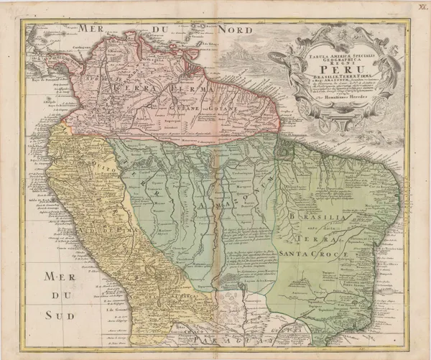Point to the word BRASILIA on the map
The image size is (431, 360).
click(x=313, y=216)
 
